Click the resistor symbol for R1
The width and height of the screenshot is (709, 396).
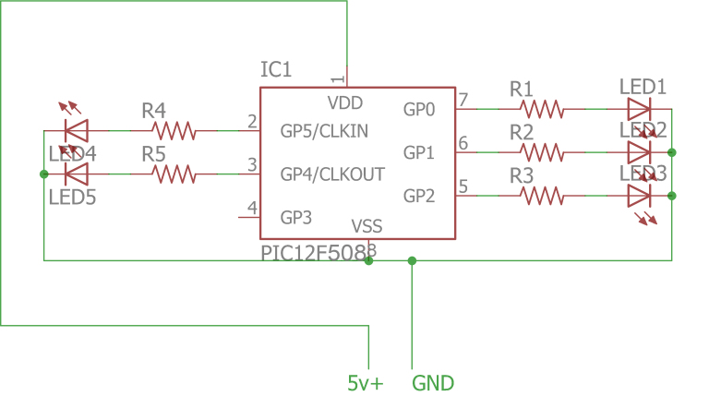[543, 109]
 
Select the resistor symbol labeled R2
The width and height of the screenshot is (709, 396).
[543, 152]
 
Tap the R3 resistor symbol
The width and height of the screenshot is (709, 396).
[543, 196]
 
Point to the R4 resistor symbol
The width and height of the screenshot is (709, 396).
[174, 130]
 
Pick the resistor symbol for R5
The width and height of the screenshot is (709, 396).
[174, 173]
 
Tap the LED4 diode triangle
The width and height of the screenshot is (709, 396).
[75, 130]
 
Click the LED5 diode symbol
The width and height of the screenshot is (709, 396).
[75, 173]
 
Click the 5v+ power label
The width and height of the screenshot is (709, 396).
[366, 382]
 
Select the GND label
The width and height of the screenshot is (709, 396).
[433, 382]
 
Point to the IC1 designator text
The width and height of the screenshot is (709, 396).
[276, 70]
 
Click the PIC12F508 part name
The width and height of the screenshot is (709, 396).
[313, 252]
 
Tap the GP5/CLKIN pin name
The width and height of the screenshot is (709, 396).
[324, 131]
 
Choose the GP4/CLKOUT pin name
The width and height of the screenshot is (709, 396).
[332, 174]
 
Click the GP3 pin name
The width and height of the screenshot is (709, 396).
[297, 218]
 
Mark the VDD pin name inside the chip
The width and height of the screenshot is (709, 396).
[344, 102]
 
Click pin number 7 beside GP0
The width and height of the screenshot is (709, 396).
[463, 100]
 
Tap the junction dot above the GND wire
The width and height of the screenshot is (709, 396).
[412, 260]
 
